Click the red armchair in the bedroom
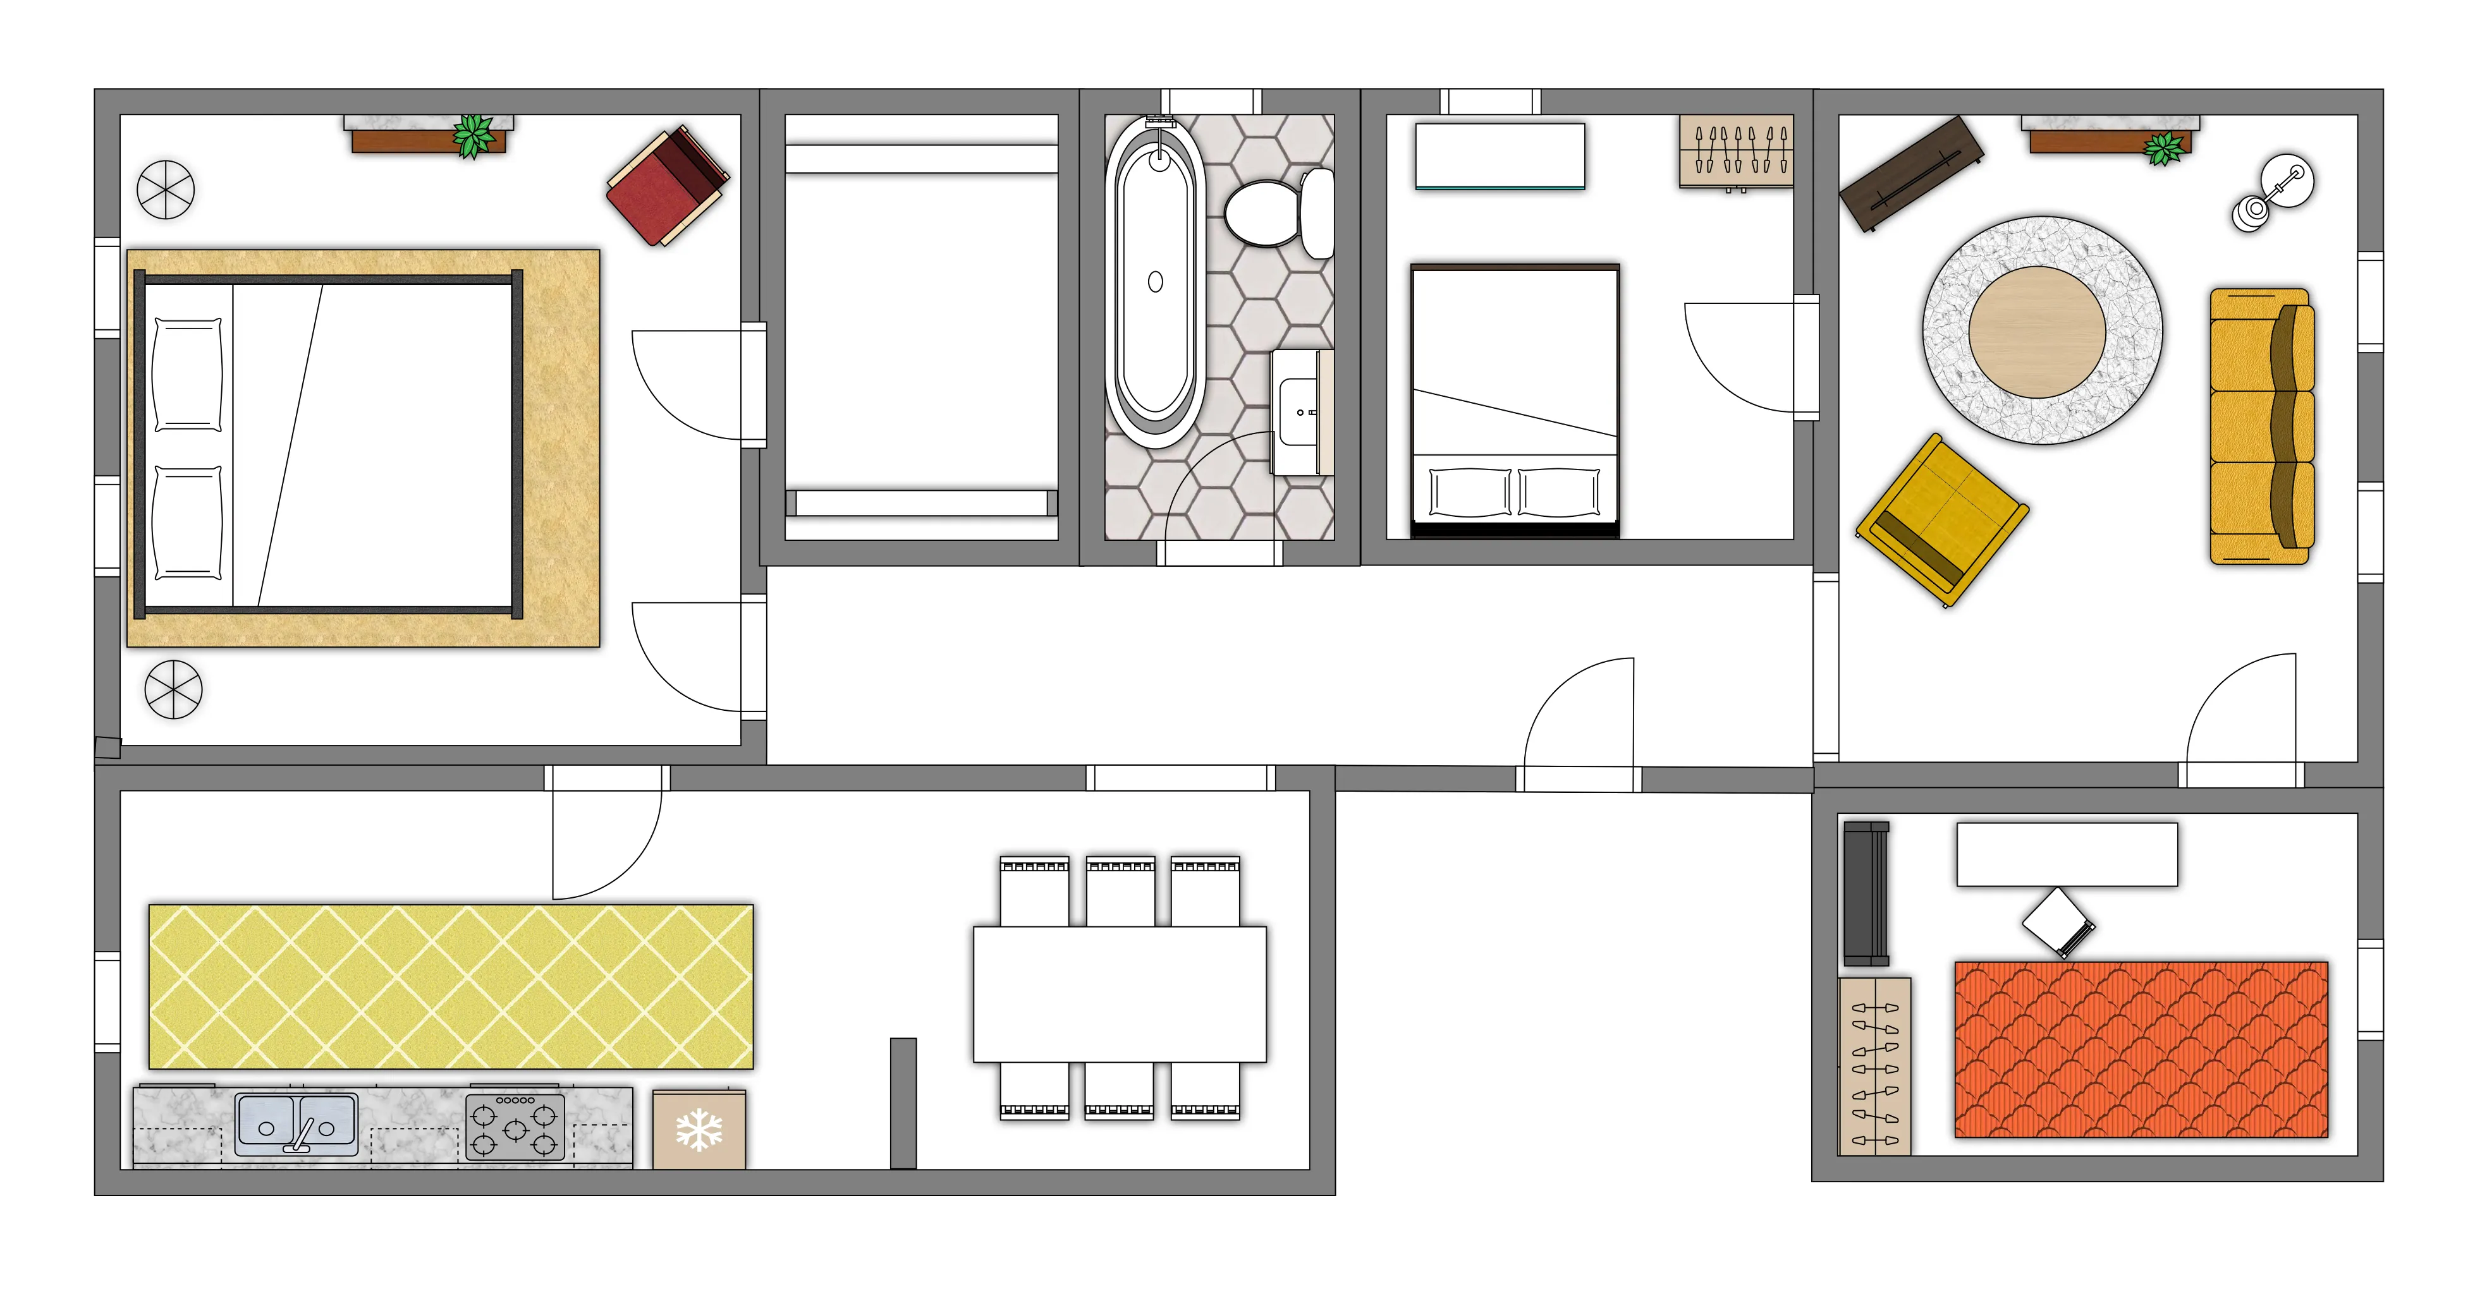pos(667,186)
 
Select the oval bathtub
pos(1154,282)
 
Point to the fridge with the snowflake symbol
pos(699,1130)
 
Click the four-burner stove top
pos(515,1128)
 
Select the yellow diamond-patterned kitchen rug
pos(451,986)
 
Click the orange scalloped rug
pos(2141,1049)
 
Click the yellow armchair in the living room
pos(1941,520)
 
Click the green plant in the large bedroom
pos(473,135)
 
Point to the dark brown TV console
pos(1912,174)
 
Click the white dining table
pos(1119,994)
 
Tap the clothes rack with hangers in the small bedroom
pos(1736,152)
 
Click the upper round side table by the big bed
pos(166,189)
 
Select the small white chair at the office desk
pos(2056,921)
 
